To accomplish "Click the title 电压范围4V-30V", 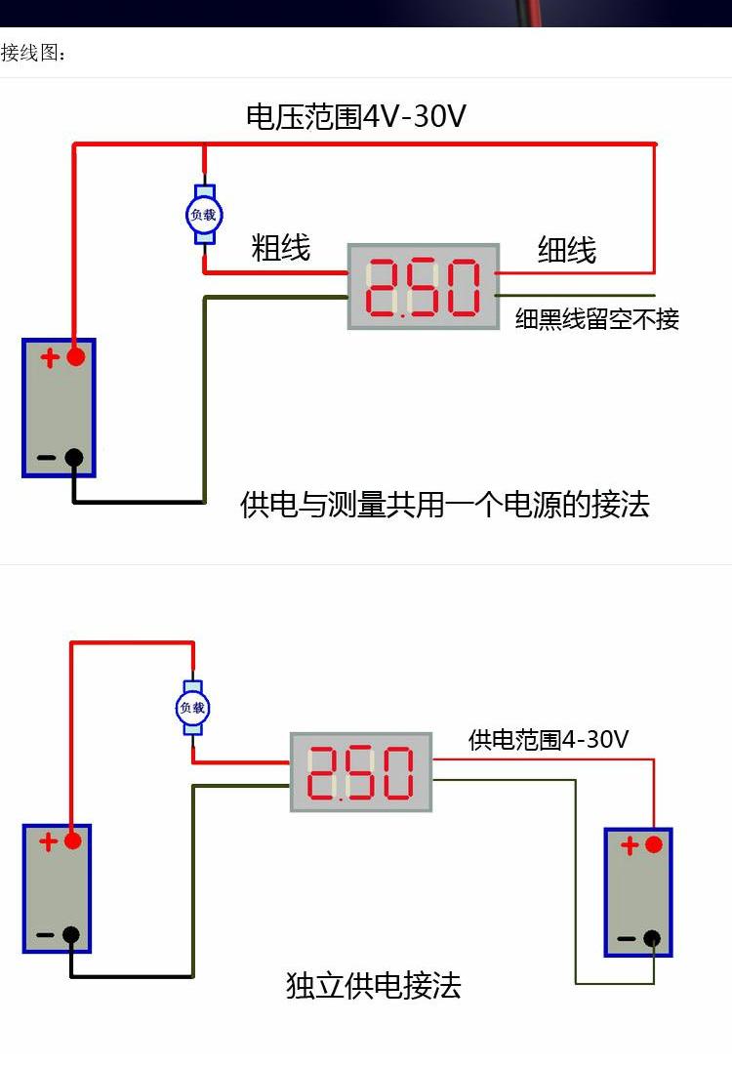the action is click(356, 116).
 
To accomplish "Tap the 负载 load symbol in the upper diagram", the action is click(204, 215).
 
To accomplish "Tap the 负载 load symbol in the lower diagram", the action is click(193, 708).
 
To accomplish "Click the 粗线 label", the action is click(280, 247).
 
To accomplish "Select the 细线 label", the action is click(567, 250).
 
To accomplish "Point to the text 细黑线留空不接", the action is click(597, 318).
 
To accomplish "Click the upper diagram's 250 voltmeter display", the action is click(423, 287).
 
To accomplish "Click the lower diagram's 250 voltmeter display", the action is click(361, 772).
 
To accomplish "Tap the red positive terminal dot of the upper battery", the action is click(75, 356).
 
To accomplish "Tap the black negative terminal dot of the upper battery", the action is click(74, 457).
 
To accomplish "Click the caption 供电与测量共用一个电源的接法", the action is click(445, 505).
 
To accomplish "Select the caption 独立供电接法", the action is click(374, 986).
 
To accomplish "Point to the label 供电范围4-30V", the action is click(549, 740).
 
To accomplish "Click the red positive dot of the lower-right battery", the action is click(653, 844).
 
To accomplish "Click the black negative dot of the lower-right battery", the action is click(652, 939).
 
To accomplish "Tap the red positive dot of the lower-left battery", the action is click(72, 841).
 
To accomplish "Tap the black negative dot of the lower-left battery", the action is click(71, 935).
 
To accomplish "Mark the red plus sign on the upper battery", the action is click(50, 357).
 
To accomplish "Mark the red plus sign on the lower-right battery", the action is click(630, 845).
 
